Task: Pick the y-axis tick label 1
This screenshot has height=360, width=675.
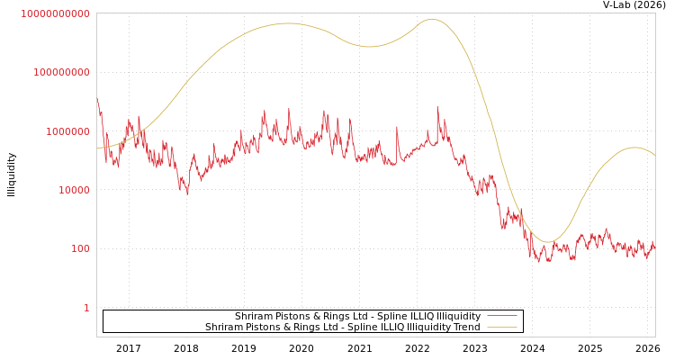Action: coord(86,308)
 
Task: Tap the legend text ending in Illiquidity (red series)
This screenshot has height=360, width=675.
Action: coord(357,317)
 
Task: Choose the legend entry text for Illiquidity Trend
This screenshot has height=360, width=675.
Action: coord(342,328)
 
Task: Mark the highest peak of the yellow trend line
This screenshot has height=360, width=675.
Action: coord(432,19)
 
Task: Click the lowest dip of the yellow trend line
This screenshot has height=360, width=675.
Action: coord(547,241)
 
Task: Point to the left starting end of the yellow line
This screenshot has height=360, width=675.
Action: coord(97,148)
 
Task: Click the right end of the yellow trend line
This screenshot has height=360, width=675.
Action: coord(654,156)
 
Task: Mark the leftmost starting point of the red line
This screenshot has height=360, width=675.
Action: coord(97,97)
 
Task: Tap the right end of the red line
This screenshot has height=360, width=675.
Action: coord(654,245)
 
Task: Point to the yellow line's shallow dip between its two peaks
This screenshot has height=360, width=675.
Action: coord(369,46)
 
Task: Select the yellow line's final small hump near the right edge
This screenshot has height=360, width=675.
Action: coord(634,148)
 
